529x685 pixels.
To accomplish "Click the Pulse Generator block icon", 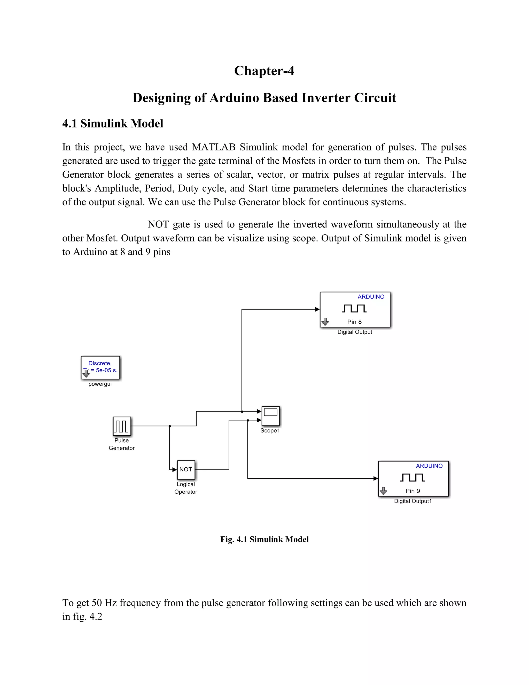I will pos(122,426).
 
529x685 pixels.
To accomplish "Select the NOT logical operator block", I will pos(186,469).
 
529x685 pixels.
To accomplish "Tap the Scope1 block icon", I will pos(270,416).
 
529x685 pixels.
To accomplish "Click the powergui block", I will pos(100,367).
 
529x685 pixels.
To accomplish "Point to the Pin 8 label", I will pos(354,322).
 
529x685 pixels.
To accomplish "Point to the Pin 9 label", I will pos(413,491).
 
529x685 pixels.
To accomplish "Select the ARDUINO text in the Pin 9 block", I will pos(429,466).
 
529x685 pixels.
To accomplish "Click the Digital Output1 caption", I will pos(413,501).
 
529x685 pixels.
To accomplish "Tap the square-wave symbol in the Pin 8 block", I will pos(354,309).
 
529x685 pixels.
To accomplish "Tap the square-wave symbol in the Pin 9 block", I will pos(413,478).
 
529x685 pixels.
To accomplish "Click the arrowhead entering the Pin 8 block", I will pos(317,309).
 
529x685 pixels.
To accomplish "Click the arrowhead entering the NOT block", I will pos(175,469).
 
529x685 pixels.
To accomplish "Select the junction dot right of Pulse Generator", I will pos(169,426).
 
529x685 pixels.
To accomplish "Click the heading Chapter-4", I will pos(264,71).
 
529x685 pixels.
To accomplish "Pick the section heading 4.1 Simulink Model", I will pos(113,124).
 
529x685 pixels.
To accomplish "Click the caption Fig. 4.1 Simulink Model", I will pos(264,539).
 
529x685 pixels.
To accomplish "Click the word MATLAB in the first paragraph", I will pos(213,147).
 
